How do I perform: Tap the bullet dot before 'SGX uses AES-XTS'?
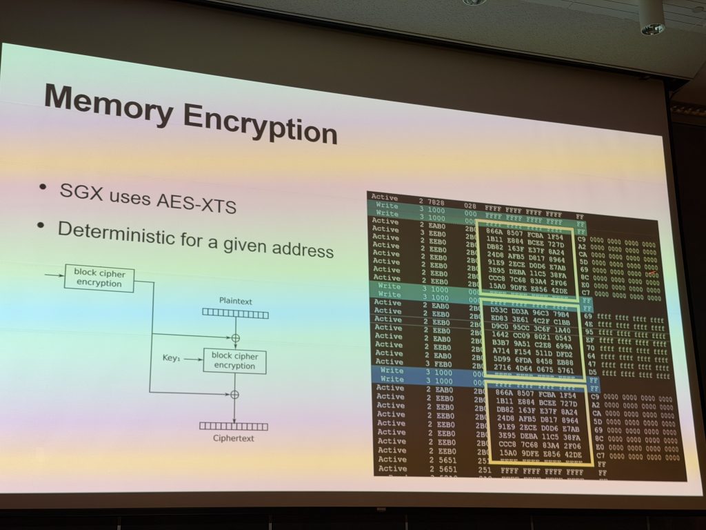tap(43, 187)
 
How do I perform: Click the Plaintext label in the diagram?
tap(236, 302)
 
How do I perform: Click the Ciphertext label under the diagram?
tap(234, 439)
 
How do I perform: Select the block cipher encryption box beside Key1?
tap(234, 360)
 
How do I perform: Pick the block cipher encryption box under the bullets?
tap(99, 277)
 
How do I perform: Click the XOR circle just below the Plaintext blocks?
tap(234, 337)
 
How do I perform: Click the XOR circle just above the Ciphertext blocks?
tap(234, 394)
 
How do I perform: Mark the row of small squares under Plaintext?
tap(235, 313)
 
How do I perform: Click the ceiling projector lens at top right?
tap(651, 28)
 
